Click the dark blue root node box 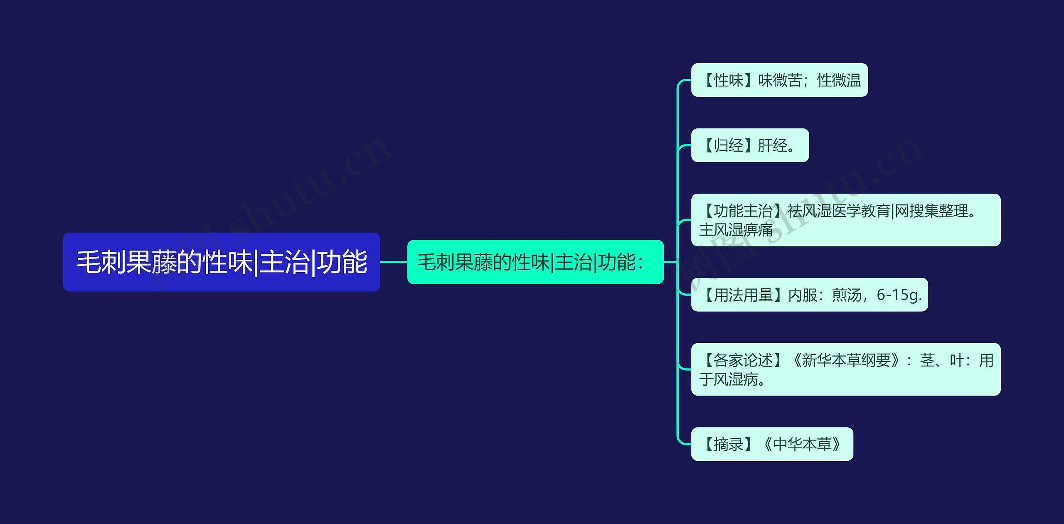(x=221, y=262)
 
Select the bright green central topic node (x=535, y=262)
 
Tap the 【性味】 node (x=779, y=80)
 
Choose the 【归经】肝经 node (x=749, y=145)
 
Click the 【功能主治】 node (x=845, y=220)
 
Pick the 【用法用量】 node (x=809, y=295)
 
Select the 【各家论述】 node (x=845, y=369)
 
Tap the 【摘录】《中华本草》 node (x=772, y=444)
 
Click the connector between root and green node (x=393, y=262)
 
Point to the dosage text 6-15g (x=899, y=295)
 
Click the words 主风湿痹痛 (x=736, y=229)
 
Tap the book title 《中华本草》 (x=802, y=444)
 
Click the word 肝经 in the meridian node (x=772, y=145)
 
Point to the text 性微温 (x=839, y=80)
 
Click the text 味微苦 (x=780, y=80)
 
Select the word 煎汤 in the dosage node (x=846, y=295)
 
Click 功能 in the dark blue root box (x=342, y=262)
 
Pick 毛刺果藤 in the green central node (x=455, y=262)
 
